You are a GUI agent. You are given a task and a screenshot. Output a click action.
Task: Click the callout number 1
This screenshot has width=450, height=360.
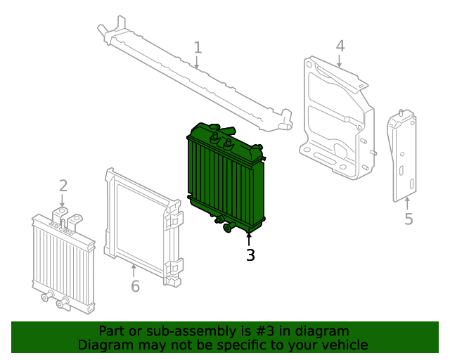pyautogui.click(x=198, y=48)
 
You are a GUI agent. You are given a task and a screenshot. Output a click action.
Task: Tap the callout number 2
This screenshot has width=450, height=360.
pyautogui.click(x=63, y=186)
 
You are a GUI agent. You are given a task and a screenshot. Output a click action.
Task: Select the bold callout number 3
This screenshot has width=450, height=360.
pyautogui.click(x=250, y=255)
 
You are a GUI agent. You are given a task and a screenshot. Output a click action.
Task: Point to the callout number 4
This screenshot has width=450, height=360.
pyautogui.click(x=340, y=46)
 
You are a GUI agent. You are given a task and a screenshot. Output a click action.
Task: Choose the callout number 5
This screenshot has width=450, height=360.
pyautogui.click(x=409, y=219)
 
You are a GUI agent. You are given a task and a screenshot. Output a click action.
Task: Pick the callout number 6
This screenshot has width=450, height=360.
pyautogui.click(x=135, y=286)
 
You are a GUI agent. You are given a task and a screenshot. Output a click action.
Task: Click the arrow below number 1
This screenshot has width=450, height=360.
pyautogui.click(x=198, y=63)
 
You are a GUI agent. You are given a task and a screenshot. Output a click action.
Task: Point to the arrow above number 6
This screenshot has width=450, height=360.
pyautogui.click(x=134, y=269)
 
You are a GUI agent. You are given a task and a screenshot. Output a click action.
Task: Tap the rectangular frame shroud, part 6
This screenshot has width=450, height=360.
pyautogui.click(x=141, y=225)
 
